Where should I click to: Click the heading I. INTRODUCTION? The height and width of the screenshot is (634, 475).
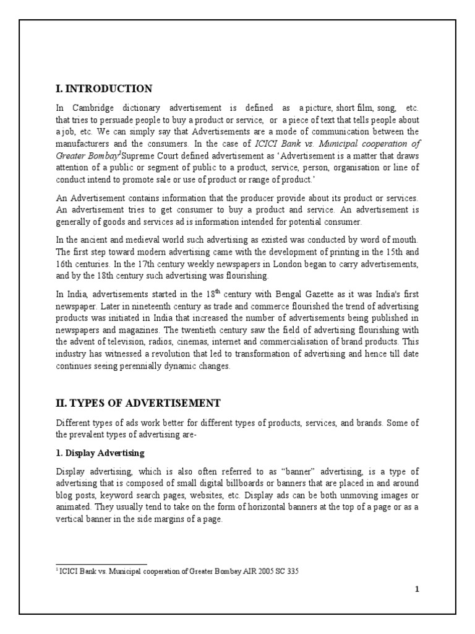pos(104,89)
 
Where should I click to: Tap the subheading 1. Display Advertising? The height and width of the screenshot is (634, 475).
pos(100,453)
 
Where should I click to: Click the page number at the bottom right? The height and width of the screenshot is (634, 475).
pos(417,589)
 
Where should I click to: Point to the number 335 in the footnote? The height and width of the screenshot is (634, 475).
pos(293,571)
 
